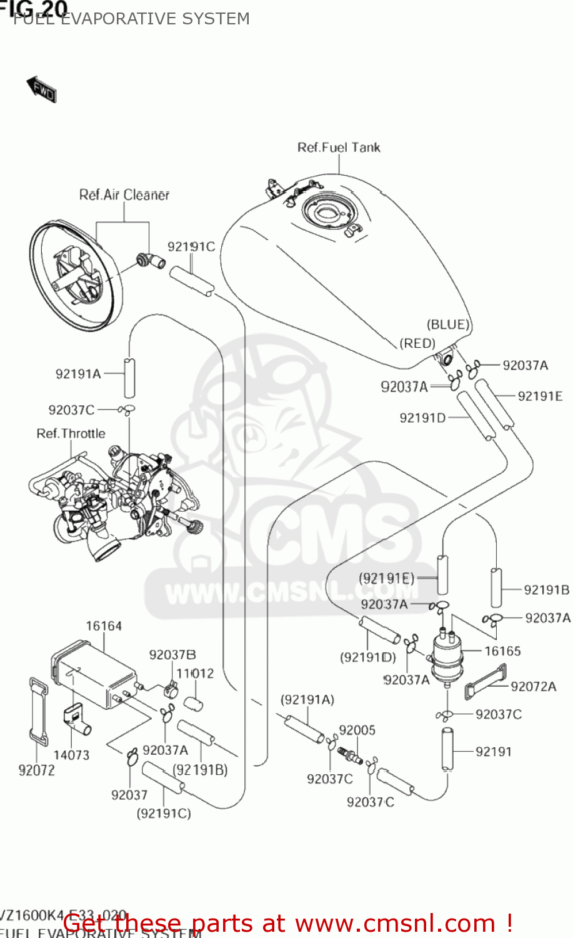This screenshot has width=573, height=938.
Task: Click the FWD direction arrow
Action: pyautogui.click(x=41, y=89)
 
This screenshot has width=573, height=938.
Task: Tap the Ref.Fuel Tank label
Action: pyautogui.click(x=338, y=148)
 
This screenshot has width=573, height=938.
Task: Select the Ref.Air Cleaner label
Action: pyautogui.click(x=124, y=195)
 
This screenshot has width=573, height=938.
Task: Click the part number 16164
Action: pyautogui.click(x=104, y=626)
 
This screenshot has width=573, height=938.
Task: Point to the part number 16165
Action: pyautogui.click(x=502, y=651)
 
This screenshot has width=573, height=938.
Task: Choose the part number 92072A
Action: pyautogui.click(x=533, y=687)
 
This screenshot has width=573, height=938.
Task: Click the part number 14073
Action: pyautogui.click(x=71, y=755)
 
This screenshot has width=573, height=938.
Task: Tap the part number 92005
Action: pyautogui.click(x=357, y=730)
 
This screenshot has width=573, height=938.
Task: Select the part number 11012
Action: pyautogui.click(x=195, y=673)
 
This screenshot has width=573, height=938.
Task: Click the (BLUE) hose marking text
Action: pyautogui.click(x=447, y=325)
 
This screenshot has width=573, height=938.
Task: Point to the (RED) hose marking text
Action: pyautogui.click(x=417, y=343)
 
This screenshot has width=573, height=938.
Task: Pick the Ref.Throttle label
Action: pyautogui.click(x=71, y=433)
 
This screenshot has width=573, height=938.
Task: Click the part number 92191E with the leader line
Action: pyautogui.click(x=540, y=396)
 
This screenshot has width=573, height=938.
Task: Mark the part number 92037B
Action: pyautogui.click(x=172, y=655)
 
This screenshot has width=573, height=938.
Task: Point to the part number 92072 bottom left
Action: pyautogui.click(x=36, y=770)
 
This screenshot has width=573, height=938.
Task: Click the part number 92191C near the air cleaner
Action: pyautogui.click(x=191, y=246)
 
